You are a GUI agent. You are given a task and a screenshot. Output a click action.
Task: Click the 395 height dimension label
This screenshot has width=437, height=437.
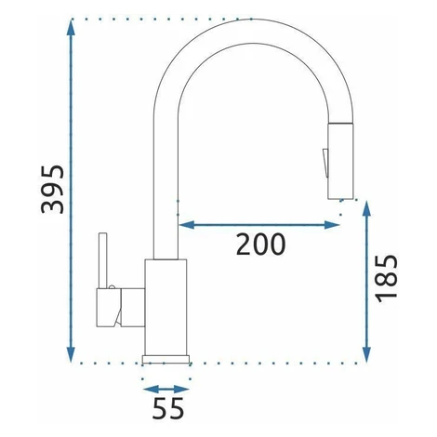point(53,189)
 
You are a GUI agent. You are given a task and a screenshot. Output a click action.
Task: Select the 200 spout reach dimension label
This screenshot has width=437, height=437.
point(260,245)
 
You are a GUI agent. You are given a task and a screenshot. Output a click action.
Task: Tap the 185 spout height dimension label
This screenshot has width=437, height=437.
point(386,278)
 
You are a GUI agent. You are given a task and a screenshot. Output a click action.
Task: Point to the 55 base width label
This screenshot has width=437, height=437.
point(168,408)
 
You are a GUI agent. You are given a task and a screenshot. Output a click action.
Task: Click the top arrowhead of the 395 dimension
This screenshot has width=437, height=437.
point(71,29)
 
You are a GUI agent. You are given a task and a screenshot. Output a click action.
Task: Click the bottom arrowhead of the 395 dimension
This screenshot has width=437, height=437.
point(71,354)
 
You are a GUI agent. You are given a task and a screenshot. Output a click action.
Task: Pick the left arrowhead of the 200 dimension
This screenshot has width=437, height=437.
point(187,225)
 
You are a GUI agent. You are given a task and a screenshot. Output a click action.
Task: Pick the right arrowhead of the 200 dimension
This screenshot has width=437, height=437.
point(332,225)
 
